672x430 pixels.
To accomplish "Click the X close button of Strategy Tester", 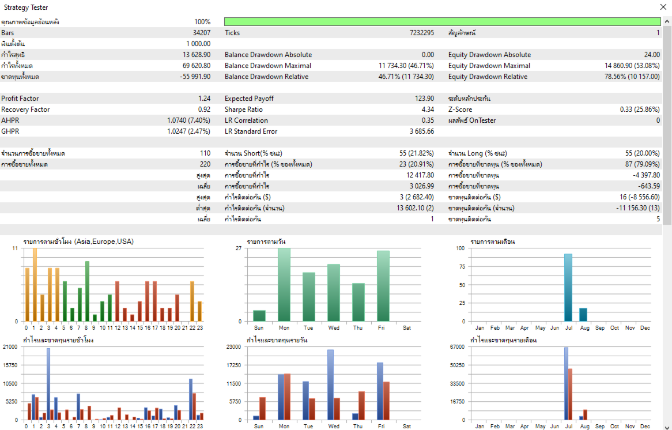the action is [x=663, y=7].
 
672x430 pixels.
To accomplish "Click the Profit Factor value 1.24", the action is [x=205, y=99].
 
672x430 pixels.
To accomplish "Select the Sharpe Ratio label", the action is [x=243, y=110].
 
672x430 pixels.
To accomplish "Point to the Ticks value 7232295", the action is [x=422, y=33].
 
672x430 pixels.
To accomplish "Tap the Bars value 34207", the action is [x=202, y=33].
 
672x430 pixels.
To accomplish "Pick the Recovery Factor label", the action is [x=25, y=110].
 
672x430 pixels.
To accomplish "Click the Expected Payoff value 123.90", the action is [x=424, y=99].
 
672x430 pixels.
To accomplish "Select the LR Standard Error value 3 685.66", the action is [x=422, y=131].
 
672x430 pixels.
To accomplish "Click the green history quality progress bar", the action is [x=442, y=22].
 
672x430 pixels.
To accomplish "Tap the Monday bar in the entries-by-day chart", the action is [x=284, y=285].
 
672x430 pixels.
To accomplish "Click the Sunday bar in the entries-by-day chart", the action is [x=259, y=316].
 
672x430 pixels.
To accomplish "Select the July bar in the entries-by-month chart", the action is [x=568, y=288].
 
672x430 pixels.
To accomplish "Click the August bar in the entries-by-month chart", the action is [x=583, y=315].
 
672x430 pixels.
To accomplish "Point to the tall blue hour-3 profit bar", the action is [x=48, y=384].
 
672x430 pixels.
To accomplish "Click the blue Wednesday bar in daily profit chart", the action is [x=330, y=385].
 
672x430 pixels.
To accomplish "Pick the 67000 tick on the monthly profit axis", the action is [x=458, y=347].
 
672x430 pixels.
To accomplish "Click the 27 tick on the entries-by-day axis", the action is [x=239, y=248].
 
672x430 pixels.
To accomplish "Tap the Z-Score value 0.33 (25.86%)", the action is [x=640, y=110].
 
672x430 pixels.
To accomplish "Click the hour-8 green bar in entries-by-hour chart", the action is [x=87, y=291].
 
